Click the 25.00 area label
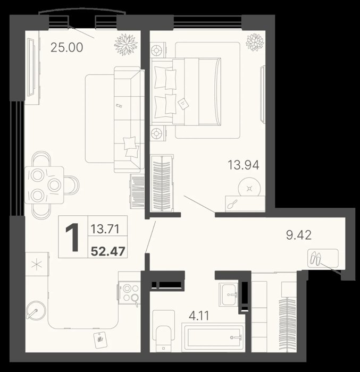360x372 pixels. pos(67,47)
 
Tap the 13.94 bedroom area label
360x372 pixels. pos(244,165)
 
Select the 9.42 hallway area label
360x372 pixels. pos(299,235)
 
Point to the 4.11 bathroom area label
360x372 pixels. pos(199,316)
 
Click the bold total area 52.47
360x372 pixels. pos(108,251)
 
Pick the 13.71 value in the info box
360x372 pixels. pos(105,229)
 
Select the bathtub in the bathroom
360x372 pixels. pos(213,336)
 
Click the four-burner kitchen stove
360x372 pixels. pos(129,292)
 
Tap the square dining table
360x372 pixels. pos(44,185)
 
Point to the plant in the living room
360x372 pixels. pos(126,45)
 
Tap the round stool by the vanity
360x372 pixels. pos(249,188)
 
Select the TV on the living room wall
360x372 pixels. pos(31,67)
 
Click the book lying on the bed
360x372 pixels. pos(183,104)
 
